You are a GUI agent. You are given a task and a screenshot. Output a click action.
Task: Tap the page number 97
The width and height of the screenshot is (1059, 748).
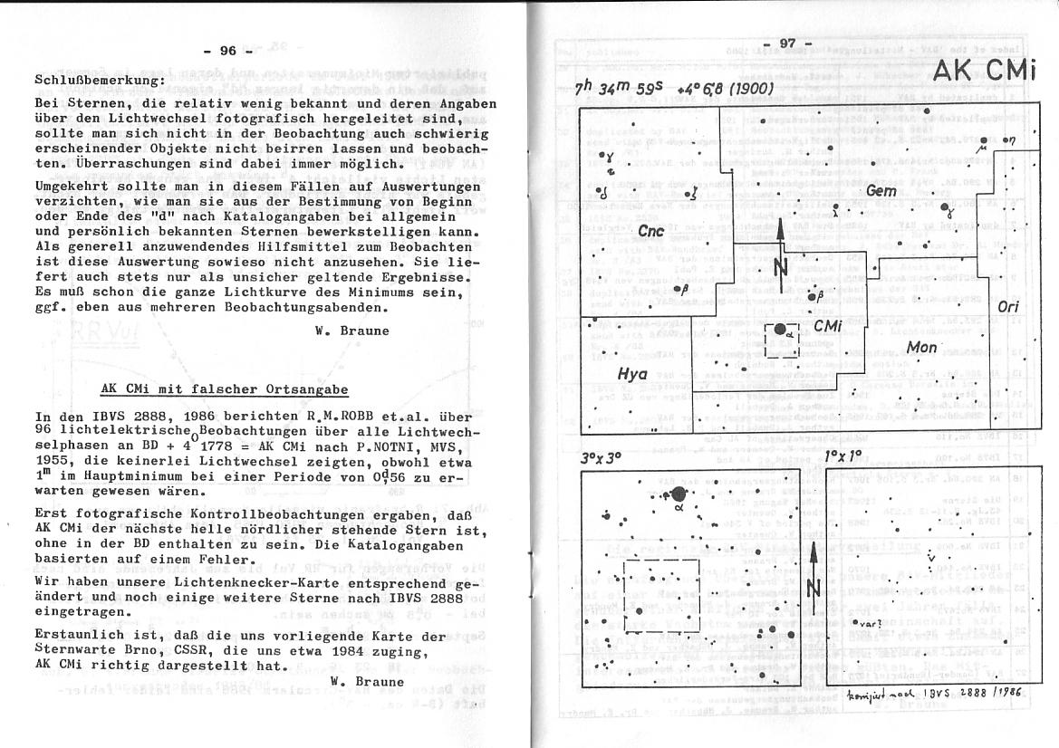click(778, 43)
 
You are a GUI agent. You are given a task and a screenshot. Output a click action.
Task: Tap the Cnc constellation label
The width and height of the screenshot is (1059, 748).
click(650, 231)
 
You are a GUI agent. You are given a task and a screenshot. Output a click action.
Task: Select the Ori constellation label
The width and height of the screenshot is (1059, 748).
click(1007, 307)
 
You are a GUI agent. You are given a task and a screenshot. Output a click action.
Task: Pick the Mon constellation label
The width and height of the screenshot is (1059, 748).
click(922, 347)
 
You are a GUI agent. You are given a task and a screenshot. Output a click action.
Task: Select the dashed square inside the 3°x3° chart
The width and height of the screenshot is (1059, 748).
click(661, 593)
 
